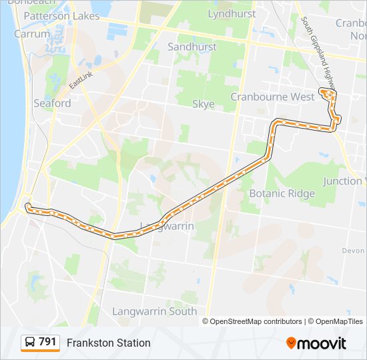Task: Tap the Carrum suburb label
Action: point(31,33)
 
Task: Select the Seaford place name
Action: point(52,103)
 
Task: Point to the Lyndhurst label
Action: point(232,13)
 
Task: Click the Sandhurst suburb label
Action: point(192,47)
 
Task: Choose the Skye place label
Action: point(204,104)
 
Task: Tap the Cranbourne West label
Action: point(272,97)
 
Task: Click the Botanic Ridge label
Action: point(282,193)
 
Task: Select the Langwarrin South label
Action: point(154,311)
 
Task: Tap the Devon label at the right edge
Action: point(352,251)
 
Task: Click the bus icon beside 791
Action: point(30,343)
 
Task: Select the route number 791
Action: point(47,342)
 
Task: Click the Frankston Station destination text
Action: point(109,343)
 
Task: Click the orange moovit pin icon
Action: point(292,343)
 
